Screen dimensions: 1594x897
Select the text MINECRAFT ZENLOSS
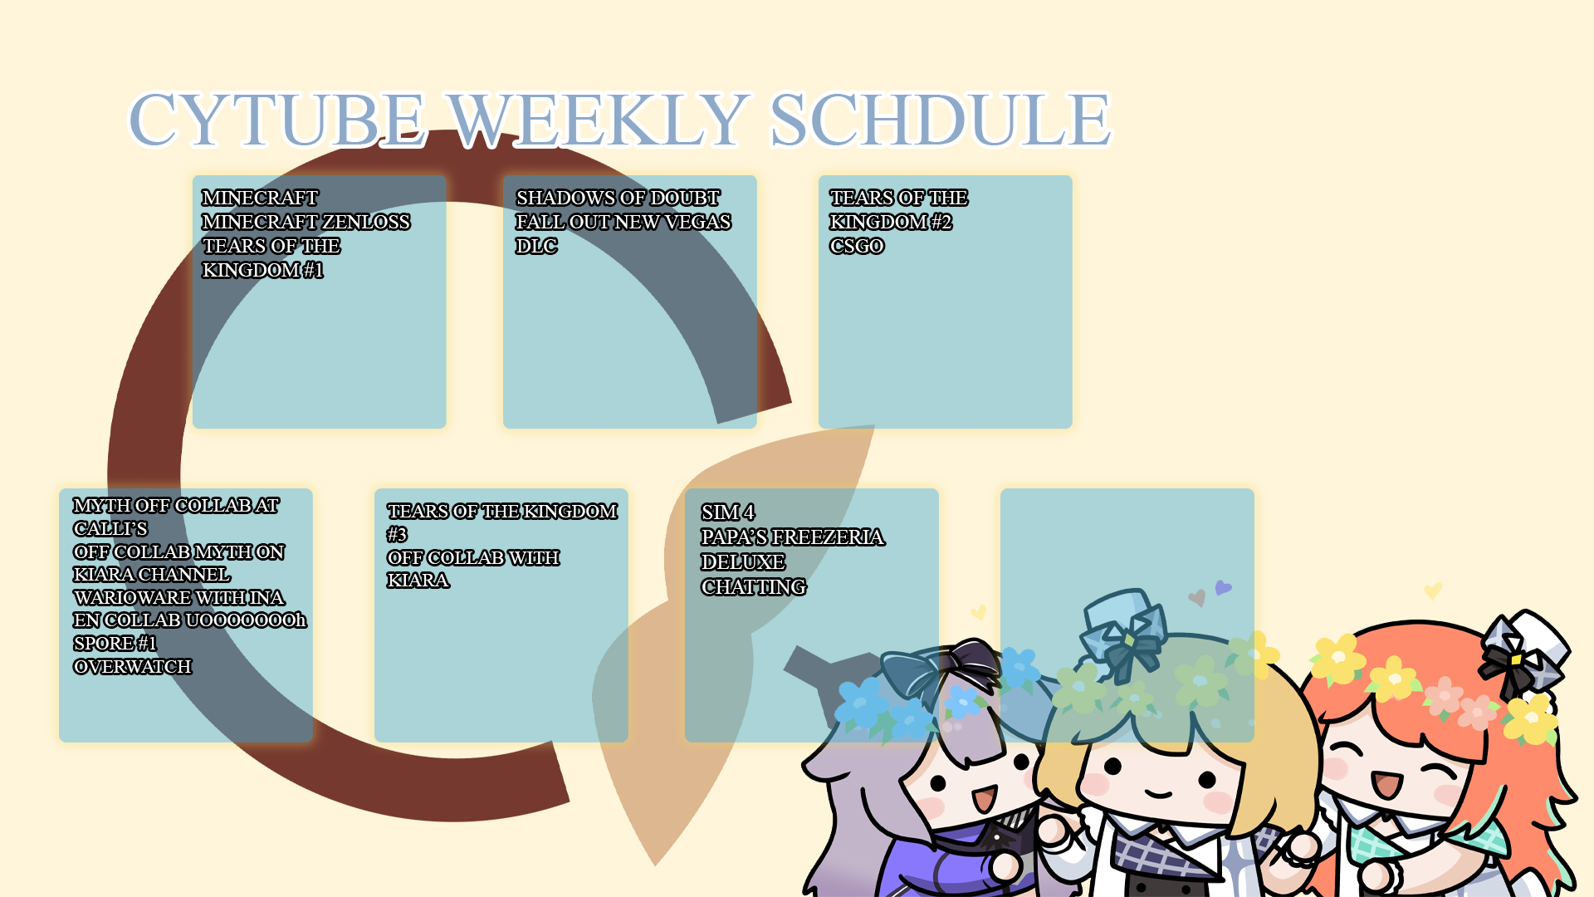click(306, 222)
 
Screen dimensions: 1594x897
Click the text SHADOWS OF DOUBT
click(618, 198)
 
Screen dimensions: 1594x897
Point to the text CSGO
click(857, 246)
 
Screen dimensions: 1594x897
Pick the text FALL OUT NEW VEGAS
click(623, 222)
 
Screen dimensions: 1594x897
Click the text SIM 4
click(728, 512)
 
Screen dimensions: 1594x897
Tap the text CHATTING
click(753, 586)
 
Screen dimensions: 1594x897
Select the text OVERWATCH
click(132, 666)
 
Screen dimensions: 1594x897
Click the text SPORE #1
click(115, 643)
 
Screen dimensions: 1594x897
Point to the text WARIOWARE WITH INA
click(178, 597)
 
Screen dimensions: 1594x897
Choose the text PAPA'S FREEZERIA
click(792, 537)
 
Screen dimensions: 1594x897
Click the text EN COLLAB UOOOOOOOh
click(189, 620)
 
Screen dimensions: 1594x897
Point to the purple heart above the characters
click(1223, 587)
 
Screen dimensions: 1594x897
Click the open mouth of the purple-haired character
click(985, 799)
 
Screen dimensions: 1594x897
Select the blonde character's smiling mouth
click(1159, 794)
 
